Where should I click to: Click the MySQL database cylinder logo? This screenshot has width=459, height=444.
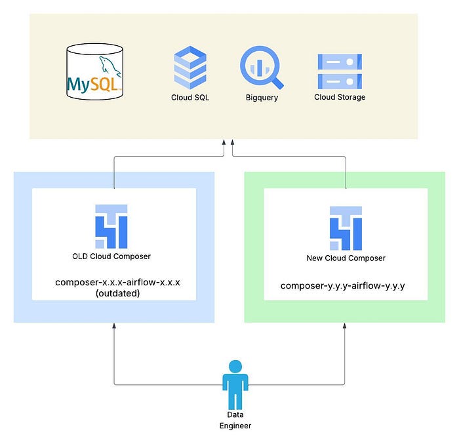coord(94,71)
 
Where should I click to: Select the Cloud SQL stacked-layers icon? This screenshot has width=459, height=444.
coord(190,68)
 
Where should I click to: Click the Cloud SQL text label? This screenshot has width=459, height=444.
coord(190,98)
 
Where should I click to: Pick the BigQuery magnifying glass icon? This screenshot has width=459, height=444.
coord(262,68)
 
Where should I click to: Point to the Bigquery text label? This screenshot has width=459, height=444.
coord(262,98)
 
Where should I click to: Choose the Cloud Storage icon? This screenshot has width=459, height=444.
coord(340,71)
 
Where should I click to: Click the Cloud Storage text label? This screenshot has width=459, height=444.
coord(340,97)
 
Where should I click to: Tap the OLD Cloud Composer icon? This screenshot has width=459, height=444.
coord(111,226)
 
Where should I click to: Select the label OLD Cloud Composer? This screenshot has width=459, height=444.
coord(111,256)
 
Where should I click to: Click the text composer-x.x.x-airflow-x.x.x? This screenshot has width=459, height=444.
coord(117,282)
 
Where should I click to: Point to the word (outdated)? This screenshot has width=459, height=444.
coord(117,293)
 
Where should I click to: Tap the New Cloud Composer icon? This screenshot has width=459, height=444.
coord(346,228)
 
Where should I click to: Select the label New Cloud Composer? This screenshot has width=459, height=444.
coord(346,258)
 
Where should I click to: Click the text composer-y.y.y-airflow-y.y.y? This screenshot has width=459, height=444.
coord(342,285)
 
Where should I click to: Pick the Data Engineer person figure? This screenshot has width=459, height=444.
coord(235,384)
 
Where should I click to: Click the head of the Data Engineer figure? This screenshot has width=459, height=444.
coord(235,367)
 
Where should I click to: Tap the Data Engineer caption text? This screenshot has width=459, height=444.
coord(235,420)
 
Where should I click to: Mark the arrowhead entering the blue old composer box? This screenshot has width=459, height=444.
coord(114,325)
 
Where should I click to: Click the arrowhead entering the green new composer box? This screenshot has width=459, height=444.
coord(344,325)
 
